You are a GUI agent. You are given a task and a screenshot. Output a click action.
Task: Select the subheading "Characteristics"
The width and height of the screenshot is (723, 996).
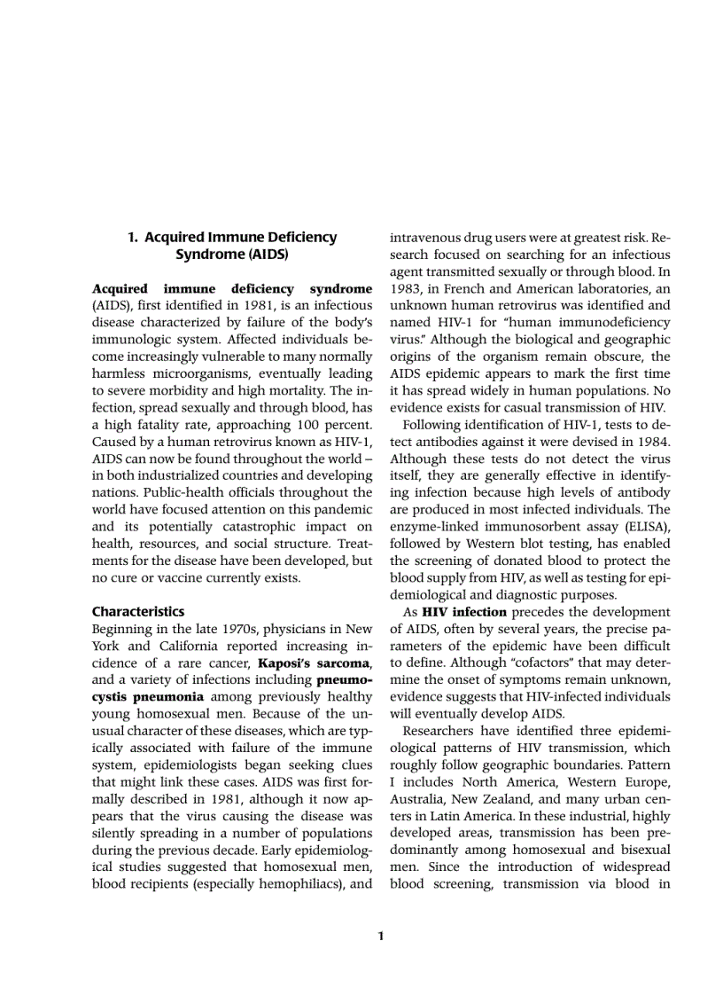(138, 612)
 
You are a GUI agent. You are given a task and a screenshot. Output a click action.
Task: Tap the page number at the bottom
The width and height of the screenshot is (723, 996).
(380, 936)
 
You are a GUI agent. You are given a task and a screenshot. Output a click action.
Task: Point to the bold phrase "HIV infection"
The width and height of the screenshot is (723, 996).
(464, 612)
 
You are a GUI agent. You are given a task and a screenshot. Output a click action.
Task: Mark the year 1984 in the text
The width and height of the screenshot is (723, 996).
(653, 442)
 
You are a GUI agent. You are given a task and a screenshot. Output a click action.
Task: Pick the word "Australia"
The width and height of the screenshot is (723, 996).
(418, 799)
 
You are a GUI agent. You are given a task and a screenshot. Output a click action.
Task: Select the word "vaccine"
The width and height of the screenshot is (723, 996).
(183, 578)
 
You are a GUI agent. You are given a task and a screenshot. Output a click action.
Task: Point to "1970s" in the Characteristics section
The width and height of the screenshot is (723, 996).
(224, 629)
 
